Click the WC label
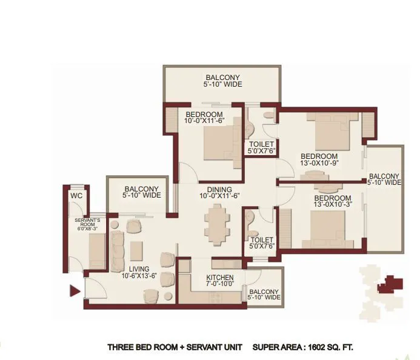point(76,196)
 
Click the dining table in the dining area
point(216,222)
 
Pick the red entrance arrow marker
point(76,291)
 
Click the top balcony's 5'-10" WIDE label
point(222,84)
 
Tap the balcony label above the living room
point(141,192)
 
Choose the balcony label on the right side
point(384,179)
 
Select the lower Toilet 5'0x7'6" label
point(262,244)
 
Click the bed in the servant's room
point(97,249)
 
